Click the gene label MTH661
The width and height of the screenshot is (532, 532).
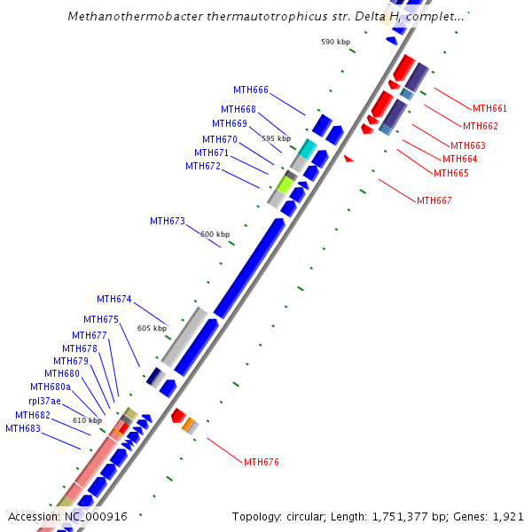(489, 108)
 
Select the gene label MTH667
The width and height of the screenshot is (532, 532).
(434, 200)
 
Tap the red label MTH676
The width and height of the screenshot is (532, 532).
(261, 462)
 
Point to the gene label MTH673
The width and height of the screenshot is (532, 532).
(167, 221)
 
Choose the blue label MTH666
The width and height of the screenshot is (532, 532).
(250, 90)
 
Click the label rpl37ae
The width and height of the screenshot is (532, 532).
(44, 401)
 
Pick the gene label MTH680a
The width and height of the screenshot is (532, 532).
(50, 387)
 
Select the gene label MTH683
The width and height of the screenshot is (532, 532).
(23, 428)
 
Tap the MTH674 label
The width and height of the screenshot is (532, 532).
(113, 299)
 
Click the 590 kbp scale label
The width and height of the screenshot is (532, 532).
(335, 42)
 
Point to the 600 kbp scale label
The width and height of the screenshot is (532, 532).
(215, 234)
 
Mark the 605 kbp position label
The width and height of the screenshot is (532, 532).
(152, 328)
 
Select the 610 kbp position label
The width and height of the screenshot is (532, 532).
(87, 420)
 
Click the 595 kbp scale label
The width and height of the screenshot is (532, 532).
(276, 138)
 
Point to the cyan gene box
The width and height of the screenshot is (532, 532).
(307, 148)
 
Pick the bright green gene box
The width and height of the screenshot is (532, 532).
(285, 184)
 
